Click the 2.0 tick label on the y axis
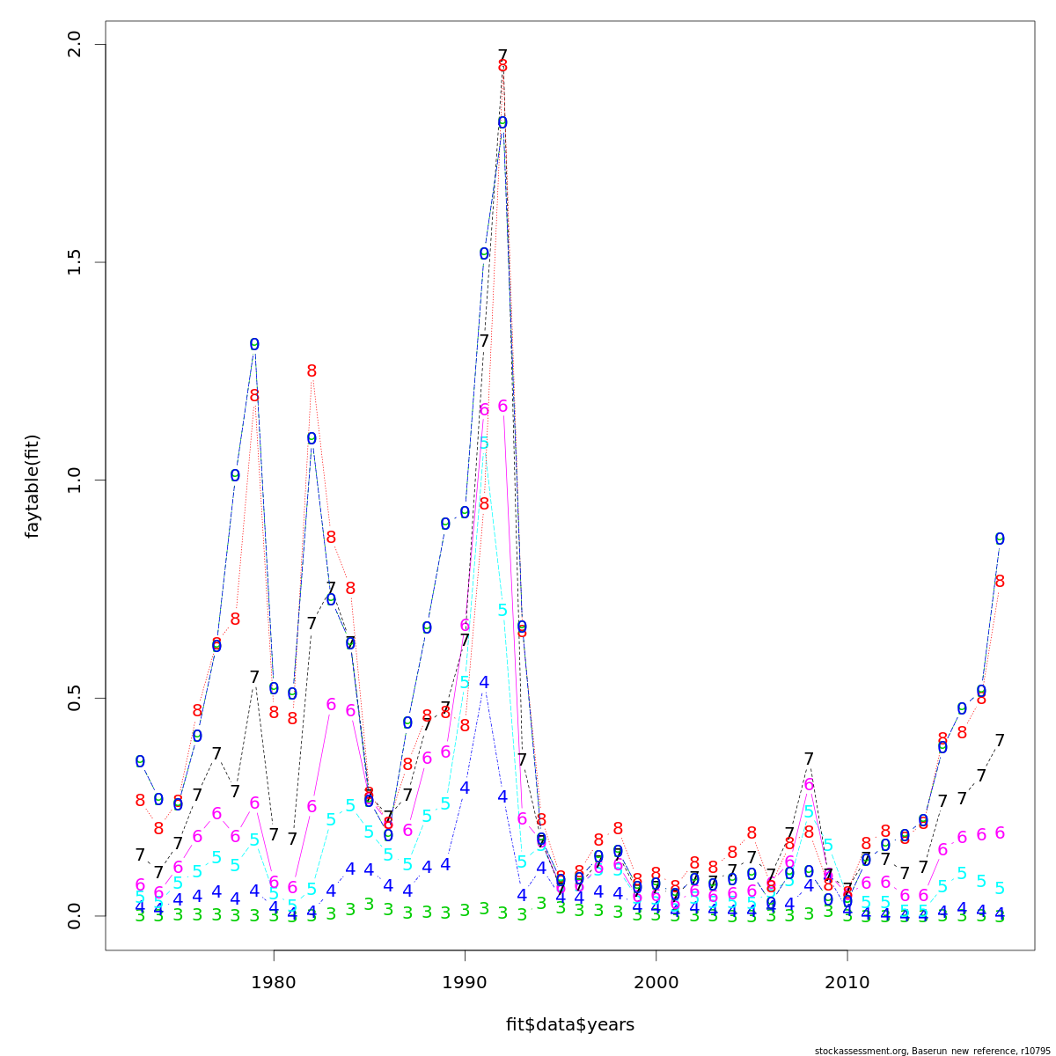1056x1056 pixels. click(x=74, y=44)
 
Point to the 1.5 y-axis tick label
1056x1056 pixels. click(x=74, y=262)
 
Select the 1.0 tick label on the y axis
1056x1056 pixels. click(x=74, y=480)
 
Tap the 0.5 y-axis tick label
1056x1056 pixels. click(x=74, y=698)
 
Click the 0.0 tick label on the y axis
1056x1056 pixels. click(x=74, y=915)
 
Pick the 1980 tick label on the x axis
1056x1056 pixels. click(x=274, y=980)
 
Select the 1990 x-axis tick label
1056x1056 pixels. click(x=465, y=980)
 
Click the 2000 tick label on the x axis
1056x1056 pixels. click(x=656, y=980)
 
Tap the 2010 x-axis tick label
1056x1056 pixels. click(x=847, y=980)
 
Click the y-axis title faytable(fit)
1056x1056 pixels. click(x=33, y=486)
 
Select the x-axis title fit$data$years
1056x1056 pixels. click(x=569, y=1024)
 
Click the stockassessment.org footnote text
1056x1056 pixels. click(x=934, y=1050)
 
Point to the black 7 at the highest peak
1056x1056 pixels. click(x=502, y=55)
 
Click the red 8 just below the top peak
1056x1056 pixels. click(x=502, y=67)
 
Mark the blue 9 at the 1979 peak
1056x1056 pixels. click(x=254, y=345)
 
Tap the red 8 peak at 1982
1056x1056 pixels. click(x=312, y=371)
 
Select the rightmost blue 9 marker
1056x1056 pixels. click(x=1000, y=539)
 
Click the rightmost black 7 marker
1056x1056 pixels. click(x=1000, y=741)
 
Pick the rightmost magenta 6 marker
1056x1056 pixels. click(x=1000, y=833)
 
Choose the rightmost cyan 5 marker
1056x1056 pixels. click(x=1000, y=888)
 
